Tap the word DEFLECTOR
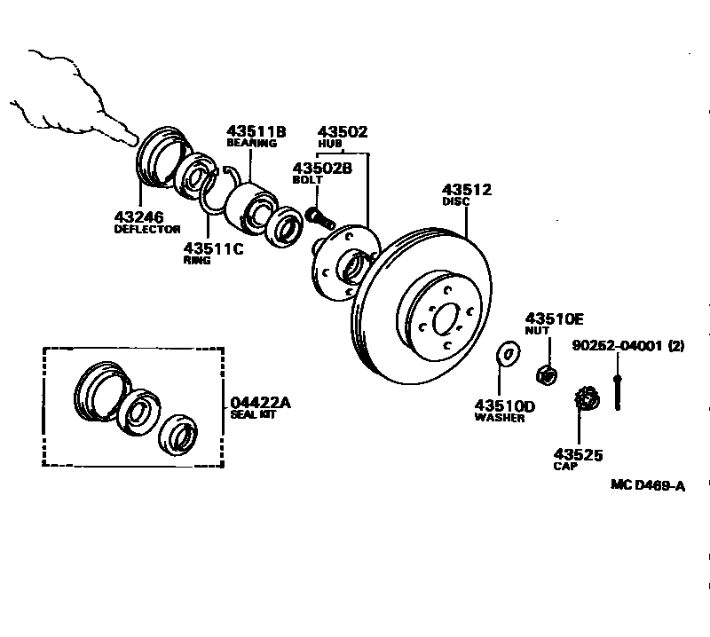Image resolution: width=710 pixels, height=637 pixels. coord(146,230)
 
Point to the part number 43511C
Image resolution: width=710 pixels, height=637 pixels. coord(213,248)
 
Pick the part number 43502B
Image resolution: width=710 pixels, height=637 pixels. coord(322,167)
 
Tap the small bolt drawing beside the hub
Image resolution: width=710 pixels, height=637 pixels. coord(317,215)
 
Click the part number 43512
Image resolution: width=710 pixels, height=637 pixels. coord(467,190)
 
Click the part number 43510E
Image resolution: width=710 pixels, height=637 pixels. coord(555,318)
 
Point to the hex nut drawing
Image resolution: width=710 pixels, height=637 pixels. coord(548,374)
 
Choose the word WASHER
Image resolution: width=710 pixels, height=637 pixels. coord(500,419)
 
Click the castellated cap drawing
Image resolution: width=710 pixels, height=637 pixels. coord(587,398)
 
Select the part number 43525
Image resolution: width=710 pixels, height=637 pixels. coord(578,455)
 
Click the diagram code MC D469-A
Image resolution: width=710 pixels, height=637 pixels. coord(648,484)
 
